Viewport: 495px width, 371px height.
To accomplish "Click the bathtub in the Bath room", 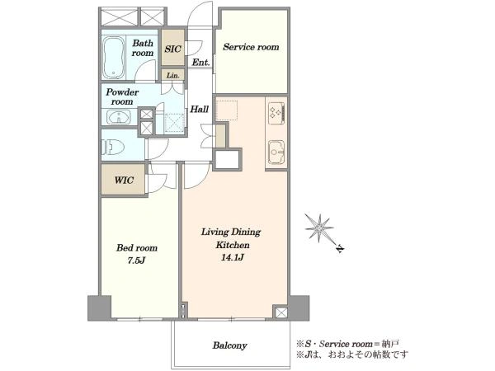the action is click(x=114, y=58).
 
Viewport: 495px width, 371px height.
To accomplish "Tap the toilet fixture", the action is click(x=112, y=147).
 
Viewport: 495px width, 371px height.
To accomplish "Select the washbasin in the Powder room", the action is click(x=118, y=117).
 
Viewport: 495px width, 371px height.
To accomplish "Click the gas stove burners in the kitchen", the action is click(x=277, y=114).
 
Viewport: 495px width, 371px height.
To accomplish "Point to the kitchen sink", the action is click(x=276, y=152).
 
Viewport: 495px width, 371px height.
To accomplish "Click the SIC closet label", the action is click(x=173, y=49).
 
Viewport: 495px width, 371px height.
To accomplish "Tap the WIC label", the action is click(x=124, y=181).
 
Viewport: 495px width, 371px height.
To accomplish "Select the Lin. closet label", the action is click(x=172, y=75).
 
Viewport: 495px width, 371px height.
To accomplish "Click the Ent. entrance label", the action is click(x=200, y=63).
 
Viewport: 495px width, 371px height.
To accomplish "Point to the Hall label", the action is click(x=199, y=110).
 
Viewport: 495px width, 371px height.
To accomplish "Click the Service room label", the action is click(x=251, y=47).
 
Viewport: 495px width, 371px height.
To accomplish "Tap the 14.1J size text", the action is click(x=233, y=257).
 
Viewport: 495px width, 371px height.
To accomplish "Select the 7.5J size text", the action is click(x=136, y=261).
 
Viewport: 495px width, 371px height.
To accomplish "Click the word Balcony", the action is click(x=229, y=345).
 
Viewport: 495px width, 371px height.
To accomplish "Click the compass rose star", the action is click(x=319, y=228).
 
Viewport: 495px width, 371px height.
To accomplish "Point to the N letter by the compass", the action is click(x=340, y=249).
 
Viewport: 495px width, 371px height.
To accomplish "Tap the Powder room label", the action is click(x=122, y=96).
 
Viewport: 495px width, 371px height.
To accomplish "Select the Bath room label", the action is click(x=143, y=48).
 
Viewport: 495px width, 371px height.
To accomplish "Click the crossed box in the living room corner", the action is click(x=280, y=312).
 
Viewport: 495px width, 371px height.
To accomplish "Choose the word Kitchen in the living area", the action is click(x=233, y=245).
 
